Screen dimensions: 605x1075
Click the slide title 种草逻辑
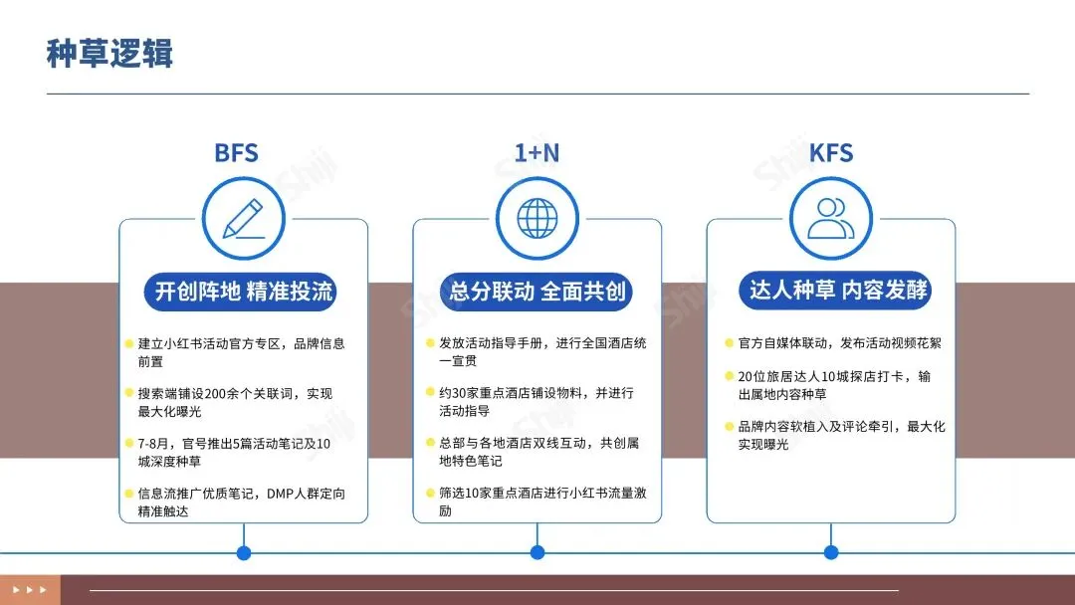109,53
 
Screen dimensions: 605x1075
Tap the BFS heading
237,153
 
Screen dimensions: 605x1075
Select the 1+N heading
537,153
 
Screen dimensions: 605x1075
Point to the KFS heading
831,153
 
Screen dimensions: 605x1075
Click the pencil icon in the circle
243,219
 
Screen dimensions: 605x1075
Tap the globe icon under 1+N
537,219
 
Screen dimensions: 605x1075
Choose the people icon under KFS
831,219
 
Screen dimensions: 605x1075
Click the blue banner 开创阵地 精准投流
243,292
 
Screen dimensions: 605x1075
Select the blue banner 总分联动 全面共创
537,292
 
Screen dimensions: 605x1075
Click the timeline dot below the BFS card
243,552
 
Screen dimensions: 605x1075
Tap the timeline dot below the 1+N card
537,552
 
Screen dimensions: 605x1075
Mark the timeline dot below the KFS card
831,552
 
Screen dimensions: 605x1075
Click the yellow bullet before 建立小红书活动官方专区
129,344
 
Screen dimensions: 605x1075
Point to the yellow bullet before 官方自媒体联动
729,344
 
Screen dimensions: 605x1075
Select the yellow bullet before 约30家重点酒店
429,393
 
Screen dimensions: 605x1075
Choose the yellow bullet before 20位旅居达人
729,377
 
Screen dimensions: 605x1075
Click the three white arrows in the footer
30,589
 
